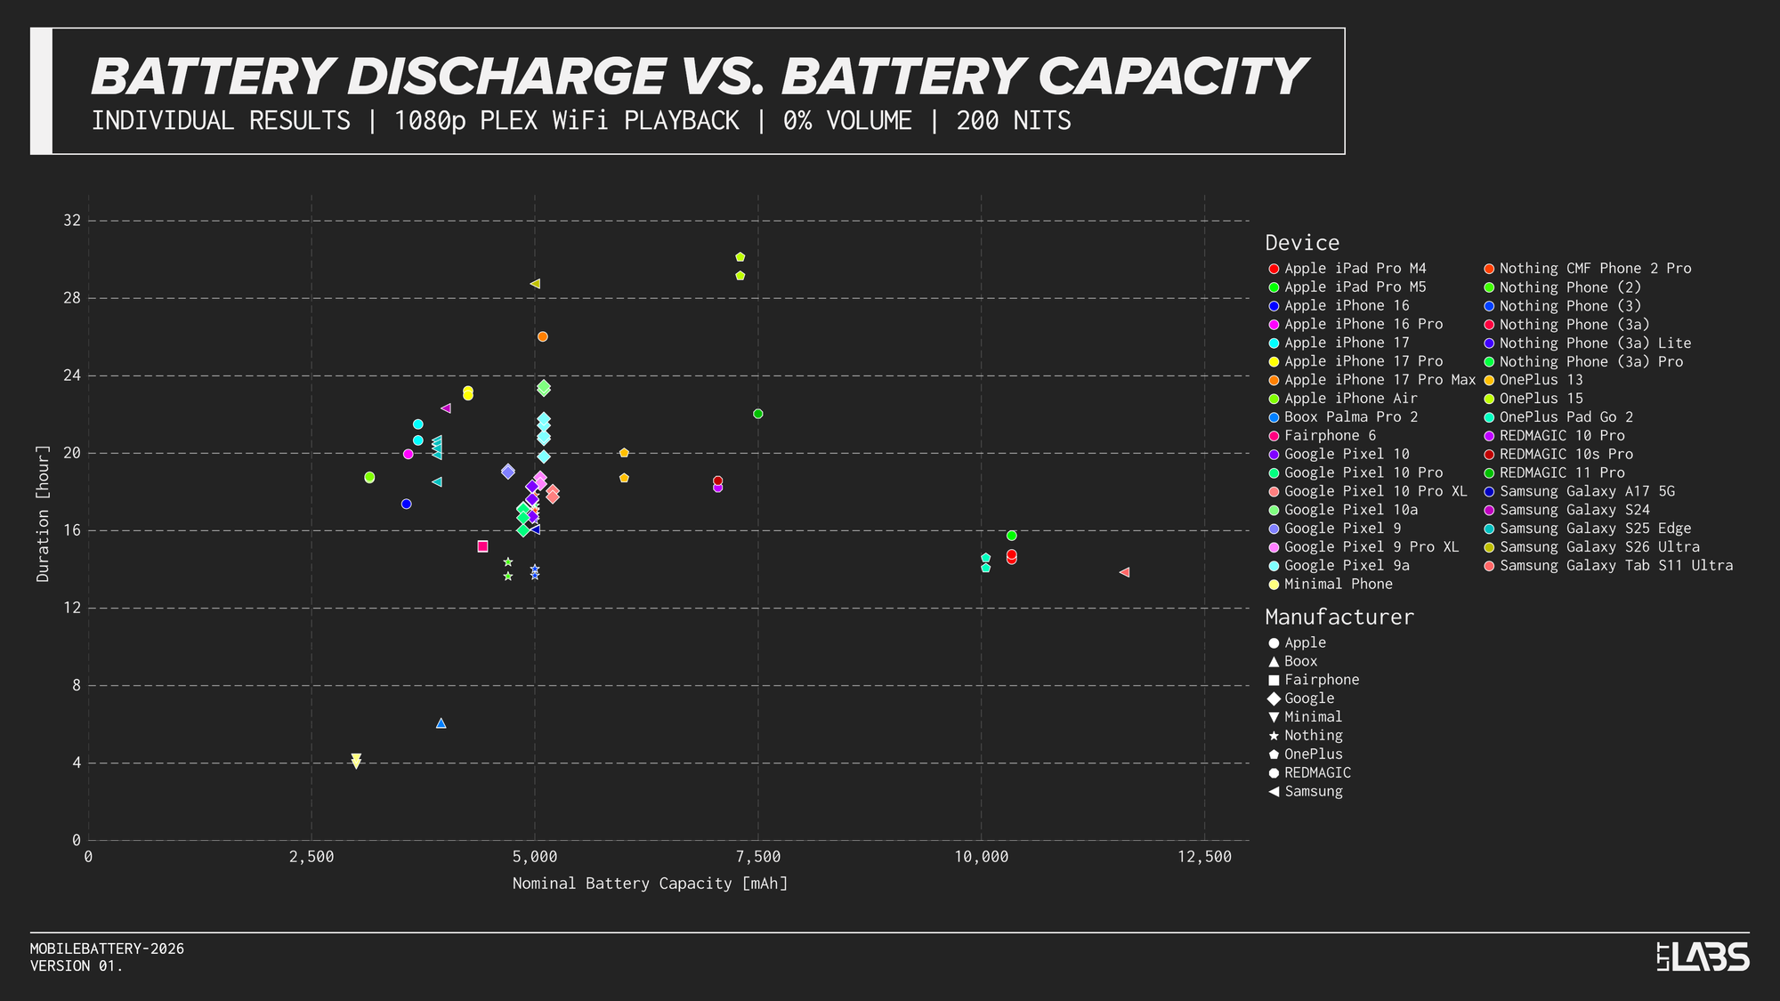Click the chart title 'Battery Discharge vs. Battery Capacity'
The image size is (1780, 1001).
click(x=698, y=77)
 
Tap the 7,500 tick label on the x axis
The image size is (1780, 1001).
click(x=758, y=857)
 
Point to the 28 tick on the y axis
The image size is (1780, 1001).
click(x=71, y=298)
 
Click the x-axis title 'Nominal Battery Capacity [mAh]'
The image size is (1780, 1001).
click(x=650, y=884)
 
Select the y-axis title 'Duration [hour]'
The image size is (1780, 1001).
click(x=43, y=514)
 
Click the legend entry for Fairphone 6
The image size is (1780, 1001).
click(x=1330, y=436)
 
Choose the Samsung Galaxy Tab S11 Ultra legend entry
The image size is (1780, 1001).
click(x=1615, y=566)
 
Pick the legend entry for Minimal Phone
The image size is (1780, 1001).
click(x=1338, y=585)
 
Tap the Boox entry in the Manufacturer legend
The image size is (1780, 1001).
click(x=1300, y=661)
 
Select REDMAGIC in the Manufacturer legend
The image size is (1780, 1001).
click(x=1317, y=773)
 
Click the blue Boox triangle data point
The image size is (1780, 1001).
click(x=441, y=723)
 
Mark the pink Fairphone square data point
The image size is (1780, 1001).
click(x=482, y=546)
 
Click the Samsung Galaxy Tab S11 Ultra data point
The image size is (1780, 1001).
click(x=1124, y=572)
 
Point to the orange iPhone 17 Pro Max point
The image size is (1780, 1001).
click(x=543, y=336)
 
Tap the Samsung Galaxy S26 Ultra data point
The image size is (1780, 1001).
click(x=535, y=284)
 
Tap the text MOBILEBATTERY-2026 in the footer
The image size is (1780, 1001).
click(x=107, y=949)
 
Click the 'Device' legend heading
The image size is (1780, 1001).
click(x=1302, y=243)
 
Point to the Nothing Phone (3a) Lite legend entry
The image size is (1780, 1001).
click(x=1594, y=343)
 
